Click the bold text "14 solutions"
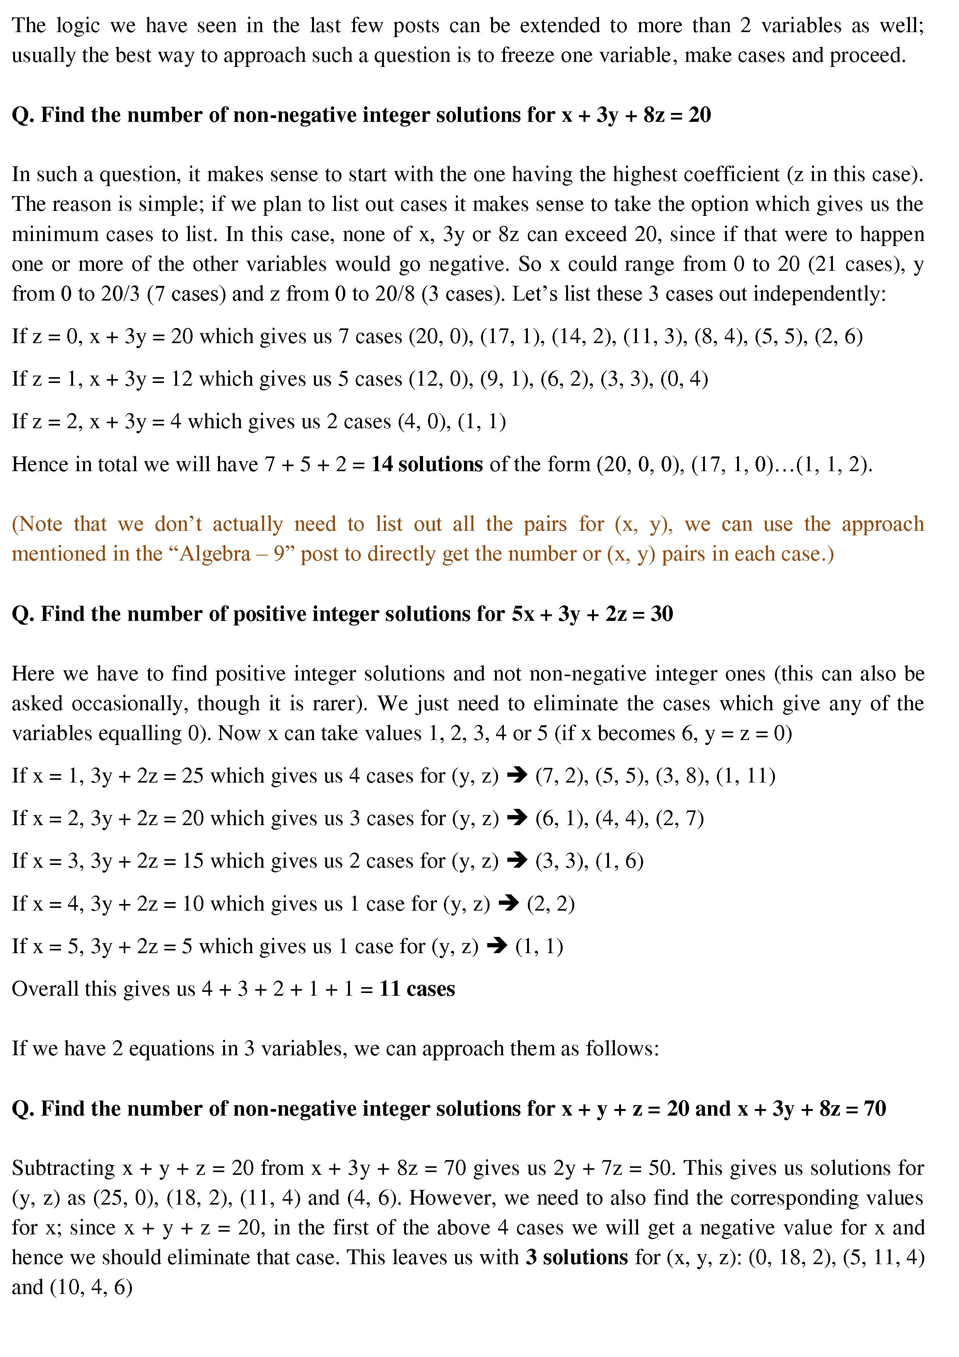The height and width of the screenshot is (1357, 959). pos(427,465)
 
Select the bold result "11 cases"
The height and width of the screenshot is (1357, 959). pos(417,989)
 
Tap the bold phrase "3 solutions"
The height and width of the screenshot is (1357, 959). pos(577,1257)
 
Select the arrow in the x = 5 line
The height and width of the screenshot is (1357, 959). pos(497,946)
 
